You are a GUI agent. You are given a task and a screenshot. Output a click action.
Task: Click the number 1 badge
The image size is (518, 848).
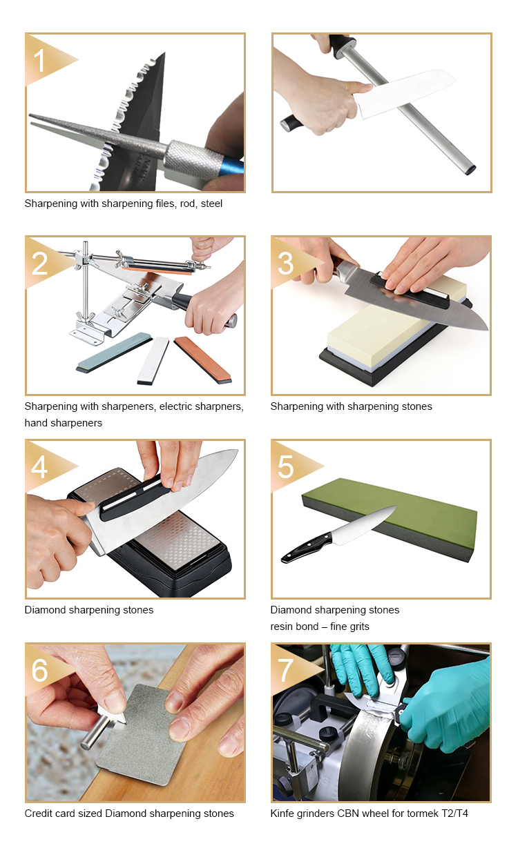pyautogui.click(x=40, y=61)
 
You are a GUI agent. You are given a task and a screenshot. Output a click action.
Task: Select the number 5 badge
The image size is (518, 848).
pyautogui.click(x=285, y=466)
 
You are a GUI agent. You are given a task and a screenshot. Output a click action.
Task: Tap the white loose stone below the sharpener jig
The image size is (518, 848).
pyautogui.click(x=153, y=360)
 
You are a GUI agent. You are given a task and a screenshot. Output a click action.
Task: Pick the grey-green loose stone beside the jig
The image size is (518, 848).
pyautogui.click(x=114, y=352)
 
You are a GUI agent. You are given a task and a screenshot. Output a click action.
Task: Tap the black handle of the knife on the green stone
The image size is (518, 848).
pyautogui.click(x=306, y=548)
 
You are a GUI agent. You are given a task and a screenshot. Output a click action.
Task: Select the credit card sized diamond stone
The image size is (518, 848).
pyautogui.click(x=144, y=738)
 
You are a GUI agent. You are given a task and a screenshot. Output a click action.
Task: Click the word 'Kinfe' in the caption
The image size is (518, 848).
pyautogui.click(x=282, y=814)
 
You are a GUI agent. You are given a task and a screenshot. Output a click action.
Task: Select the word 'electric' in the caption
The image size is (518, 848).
pyautogui.click(x=175, y=406)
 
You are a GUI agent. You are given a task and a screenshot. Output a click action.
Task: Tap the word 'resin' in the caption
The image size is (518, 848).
pyautogui.click(x=282, y=627)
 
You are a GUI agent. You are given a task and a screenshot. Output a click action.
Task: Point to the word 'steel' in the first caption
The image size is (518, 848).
pyautogui.click(x=211, y=204)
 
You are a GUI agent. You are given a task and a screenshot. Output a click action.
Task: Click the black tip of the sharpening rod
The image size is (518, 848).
pyautogui.click(x=470, y=170)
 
